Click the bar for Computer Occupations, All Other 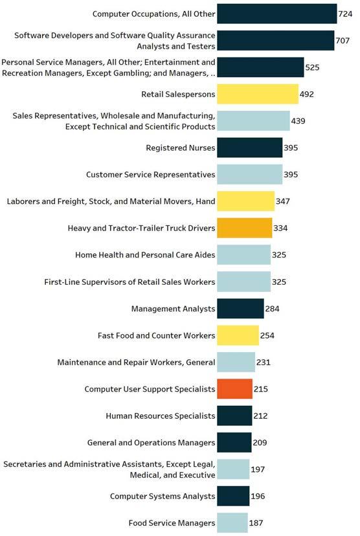pos(277,14)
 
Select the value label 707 pos(343,41)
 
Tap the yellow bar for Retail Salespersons pos(258,94)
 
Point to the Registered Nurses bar pos(249,148)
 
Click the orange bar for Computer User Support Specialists pos(234,389)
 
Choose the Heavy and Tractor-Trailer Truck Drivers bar pos(245,228)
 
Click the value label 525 pos(312,67)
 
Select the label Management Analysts pos(174,309)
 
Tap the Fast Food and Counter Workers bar pos(238,335)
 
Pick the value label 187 pos(256,523)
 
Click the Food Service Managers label pos(172,523)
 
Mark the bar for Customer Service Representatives pos(249,174)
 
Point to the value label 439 pos(298,121)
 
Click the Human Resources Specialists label pos(161,416)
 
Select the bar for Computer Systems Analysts pos(233,496)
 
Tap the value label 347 pos(283,201)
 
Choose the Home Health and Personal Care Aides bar pos(243,254)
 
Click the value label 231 pos(264,363)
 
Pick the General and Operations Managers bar pos(234,443)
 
